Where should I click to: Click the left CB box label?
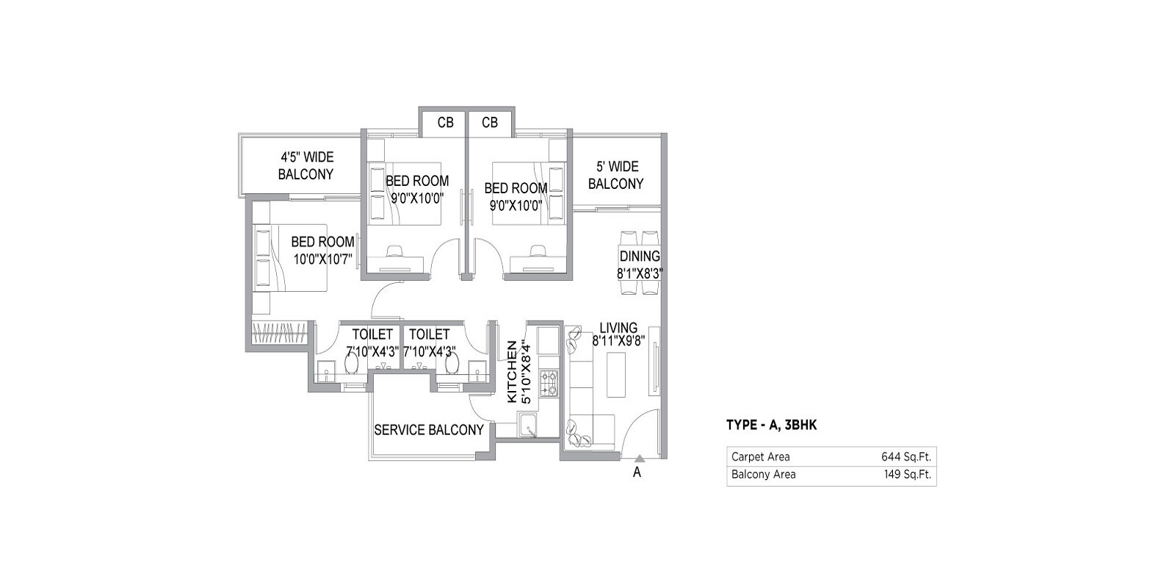point(445,123)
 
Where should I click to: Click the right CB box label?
point(490,123)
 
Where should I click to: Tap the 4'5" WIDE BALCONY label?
point(305,166)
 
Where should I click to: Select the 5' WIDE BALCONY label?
point(615,176)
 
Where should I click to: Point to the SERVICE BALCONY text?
point(429,430)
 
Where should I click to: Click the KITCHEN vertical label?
point(513,371)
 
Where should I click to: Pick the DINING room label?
point(640,257)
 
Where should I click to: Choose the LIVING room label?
point(618,328)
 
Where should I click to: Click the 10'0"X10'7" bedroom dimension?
point(323,259)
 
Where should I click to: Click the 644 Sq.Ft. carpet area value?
point(906,456)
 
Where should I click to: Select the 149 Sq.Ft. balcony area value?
point(907,475)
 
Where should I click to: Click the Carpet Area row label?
point(760,456)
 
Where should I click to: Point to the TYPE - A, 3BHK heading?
point(771,425)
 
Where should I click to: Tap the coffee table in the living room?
point(615,375)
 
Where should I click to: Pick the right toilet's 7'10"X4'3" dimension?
point(430,351)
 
